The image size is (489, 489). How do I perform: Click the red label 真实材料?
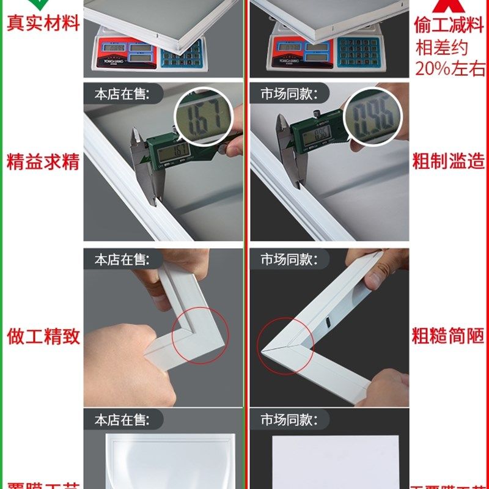click(43, 23)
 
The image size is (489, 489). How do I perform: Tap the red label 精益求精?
click(43, 163)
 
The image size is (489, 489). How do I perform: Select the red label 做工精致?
click(43, 336)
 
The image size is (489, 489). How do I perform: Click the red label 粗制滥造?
click(449, 163)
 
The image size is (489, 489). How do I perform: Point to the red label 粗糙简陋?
click(449, 336)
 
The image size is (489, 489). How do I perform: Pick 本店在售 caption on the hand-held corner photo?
click(120, 259)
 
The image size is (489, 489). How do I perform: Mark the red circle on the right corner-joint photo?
click(285, 345)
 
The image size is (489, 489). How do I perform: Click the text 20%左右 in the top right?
click(450, 67)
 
